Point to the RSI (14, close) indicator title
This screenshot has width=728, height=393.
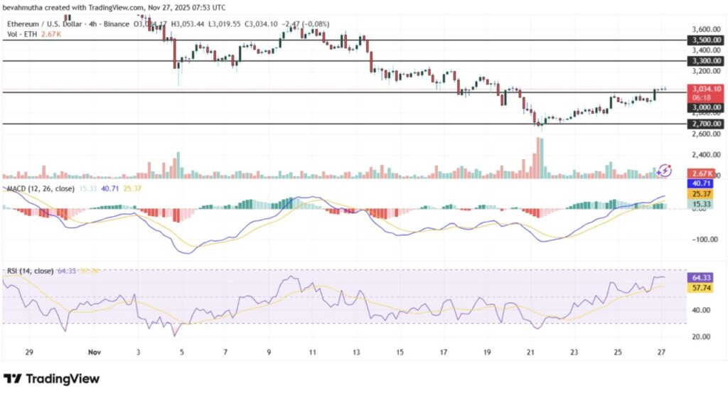29,271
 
